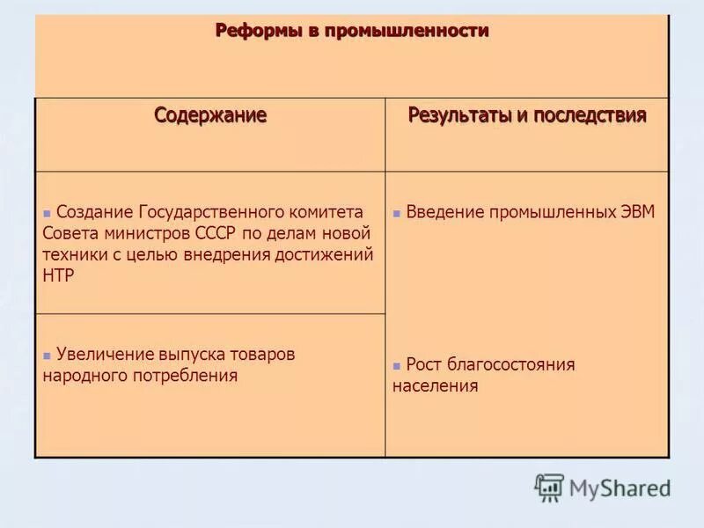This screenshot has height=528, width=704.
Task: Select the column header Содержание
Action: [210, 115]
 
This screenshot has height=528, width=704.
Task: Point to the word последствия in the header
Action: [587, 115]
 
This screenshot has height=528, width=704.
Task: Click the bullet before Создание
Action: [47, 214]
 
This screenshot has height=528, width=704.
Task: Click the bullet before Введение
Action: [398, 214]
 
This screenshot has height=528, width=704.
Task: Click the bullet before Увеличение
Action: [47, 356]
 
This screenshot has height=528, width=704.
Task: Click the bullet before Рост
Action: [398, 365]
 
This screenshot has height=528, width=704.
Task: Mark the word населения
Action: [436, 385]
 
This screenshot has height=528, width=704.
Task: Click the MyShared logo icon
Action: [550, 487]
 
